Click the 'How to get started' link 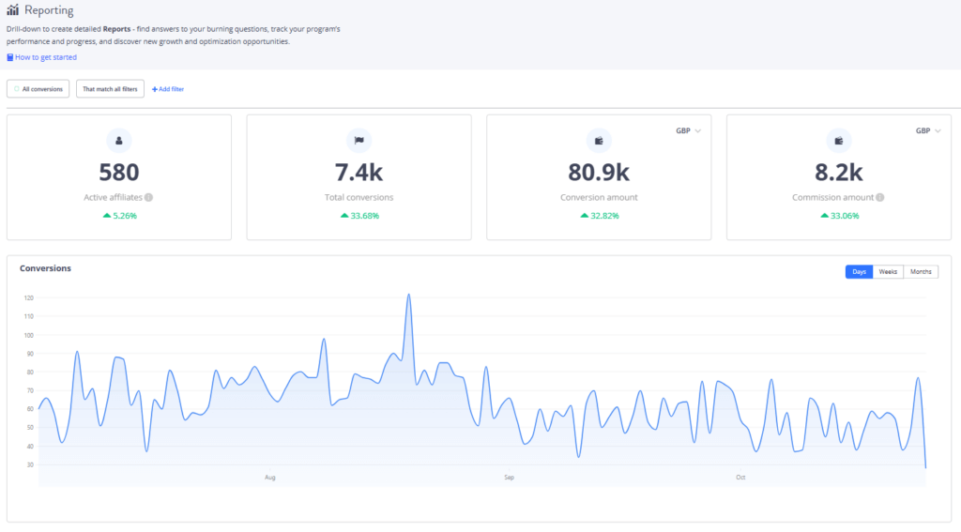45,57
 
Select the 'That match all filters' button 110,88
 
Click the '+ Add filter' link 168,88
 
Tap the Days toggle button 859,271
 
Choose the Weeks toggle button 888,271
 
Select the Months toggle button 921,271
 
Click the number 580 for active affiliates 119,172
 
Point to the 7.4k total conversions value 358,172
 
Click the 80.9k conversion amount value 599,172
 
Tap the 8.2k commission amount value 839,172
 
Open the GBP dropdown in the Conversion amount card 689,131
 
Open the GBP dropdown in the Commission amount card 929,131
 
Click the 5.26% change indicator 119,215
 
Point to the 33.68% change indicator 358,215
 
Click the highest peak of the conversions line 409,295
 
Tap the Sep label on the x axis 509,478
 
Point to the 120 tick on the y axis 28,298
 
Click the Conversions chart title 45,268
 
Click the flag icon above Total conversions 358,141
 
